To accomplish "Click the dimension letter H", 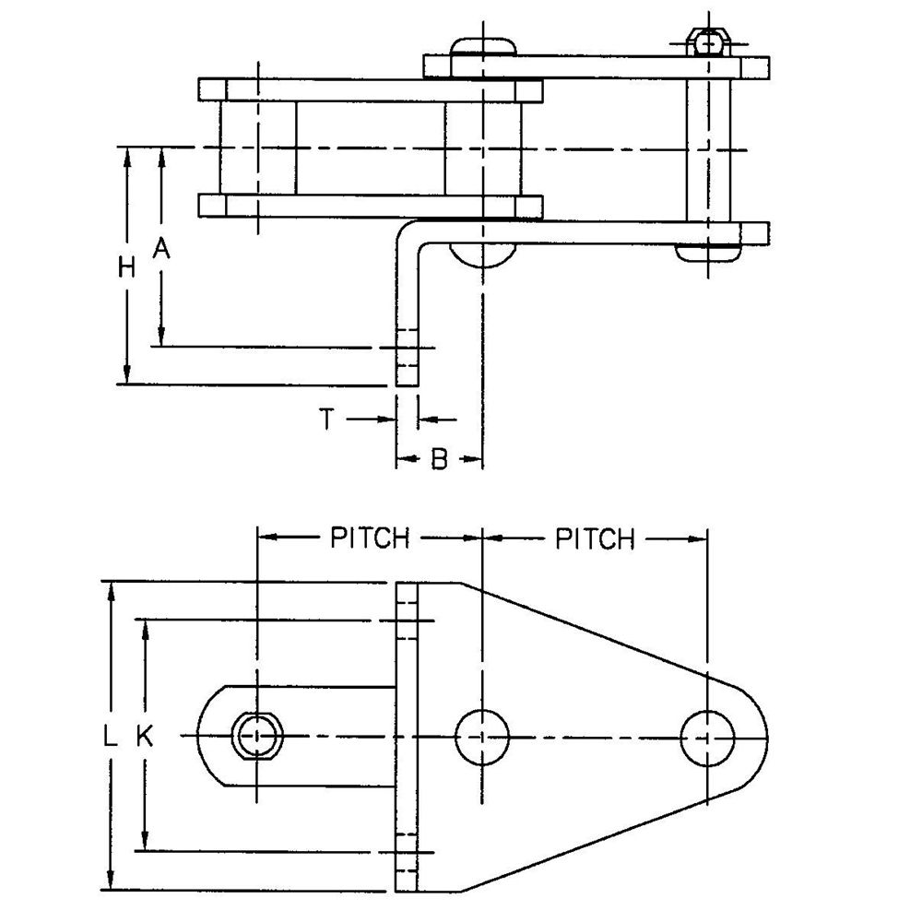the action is click(x=126, y=267).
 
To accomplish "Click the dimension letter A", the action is click(x=161, y=248).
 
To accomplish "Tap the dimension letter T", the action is click(x=327, y=420).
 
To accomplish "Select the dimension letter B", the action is click(x=439, y=458).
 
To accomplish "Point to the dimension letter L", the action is click(x=110, y=736).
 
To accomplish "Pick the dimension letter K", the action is click(x=145, y=736).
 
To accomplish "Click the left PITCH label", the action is click(x=370, y=538).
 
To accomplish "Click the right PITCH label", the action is click(x=596, y=538).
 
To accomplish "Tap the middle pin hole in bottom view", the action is click(x=482, y=737).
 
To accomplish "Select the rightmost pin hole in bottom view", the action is click(x=708, y=738).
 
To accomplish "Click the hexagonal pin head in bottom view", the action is click(x=257, y=736).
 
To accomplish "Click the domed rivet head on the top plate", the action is click(x=483, y=46).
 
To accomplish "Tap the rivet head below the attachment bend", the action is click(x=482, y=254).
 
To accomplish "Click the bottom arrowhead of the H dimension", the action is click(x=126, y=374).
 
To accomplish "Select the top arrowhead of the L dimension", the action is click(x=110, y=593).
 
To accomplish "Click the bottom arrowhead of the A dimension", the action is click(x=161, y=337).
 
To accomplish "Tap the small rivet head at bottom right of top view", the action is click(x=708, y=253).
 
